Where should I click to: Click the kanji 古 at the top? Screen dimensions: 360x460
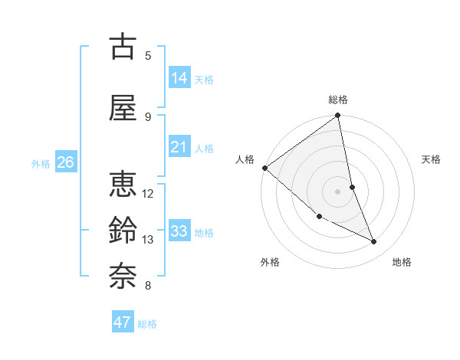click(123, 47)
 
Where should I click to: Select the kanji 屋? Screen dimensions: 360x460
click(123, 108)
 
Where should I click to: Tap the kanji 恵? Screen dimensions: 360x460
click(123, 185)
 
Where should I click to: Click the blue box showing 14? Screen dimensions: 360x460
click(179, 78)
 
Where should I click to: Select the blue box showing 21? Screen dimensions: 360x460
click(179, 147)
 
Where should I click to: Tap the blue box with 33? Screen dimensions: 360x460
click(179, 231)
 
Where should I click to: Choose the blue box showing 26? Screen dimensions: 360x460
click(66, 162)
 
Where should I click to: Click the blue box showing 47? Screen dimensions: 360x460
click(123, 322)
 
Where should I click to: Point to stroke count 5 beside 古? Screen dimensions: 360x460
click(148, 55)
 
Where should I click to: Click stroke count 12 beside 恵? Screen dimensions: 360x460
click(148, 193)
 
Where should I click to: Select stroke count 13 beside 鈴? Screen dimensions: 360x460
click(148, 240)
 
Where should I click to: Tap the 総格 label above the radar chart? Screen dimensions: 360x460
click(338, 100)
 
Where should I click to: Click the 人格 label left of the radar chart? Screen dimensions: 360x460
click(245, 159)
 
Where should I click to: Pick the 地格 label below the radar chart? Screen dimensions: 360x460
click(402, 262)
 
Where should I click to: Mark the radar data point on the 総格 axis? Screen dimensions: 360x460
click(338, 116)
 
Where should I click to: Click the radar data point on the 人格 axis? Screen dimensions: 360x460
click(264, 168)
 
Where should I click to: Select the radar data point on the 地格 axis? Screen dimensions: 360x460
click(374, 242)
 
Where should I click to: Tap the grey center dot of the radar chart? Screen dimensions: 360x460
click(338, 191)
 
